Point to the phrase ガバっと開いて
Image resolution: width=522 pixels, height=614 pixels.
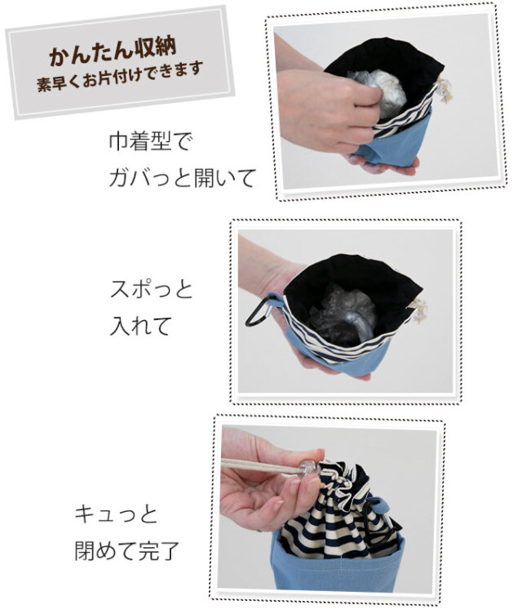point(182,177)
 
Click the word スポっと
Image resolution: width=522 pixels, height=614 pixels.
point(151,289)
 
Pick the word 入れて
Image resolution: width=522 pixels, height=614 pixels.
point(140,326)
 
